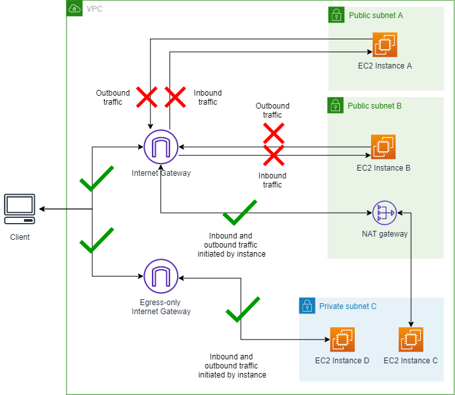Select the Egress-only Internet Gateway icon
pos(161,276)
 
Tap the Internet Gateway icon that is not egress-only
pos(161,147)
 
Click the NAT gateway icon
pos(385,211)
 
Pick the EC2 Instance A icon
pos(385,45)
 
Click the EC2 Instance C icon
pos(411,339)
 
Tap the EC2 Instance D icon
pos(343,339)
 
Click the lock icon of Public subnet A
pos(336,15)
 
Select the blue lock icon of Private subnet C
pos(307,306)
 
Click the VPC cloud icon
pos(75,9)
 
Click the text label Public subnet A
pos(376,15)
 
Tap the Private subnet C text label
pos(348,306)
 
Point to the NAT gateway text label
pos(385,234)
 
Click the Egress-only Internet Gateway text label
pos(161,307)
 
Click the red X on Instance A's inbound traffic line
pos(175,98)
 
